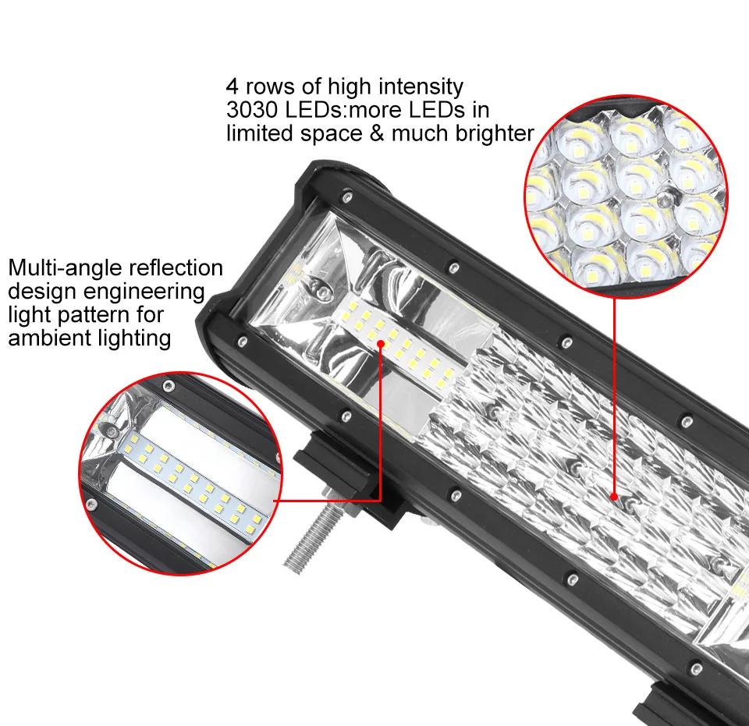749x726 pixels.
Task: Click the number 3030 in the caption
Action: tap(252, 110)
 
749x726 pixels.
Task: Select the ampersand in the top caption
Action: tap(377, 133)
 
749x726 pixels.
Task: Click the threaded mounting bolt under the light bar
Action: tap(310, 538)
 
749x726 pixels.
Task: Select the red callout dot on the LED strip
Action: tap(381, 343)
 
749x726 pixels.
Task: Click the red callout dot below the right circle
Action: tap(614, 497)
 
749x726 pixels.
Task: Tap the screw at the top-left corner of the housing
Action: tap(347, 195)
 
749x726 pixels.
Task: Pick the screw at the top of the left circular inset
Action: tap(169, 386)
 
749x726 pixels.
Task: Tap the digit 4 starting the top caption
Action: tap(232, 87)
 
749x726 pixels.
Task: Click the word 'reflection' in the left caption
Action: tap(176, 269)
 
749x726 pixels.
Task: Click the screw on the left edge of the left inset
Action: tap(89, 502)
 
